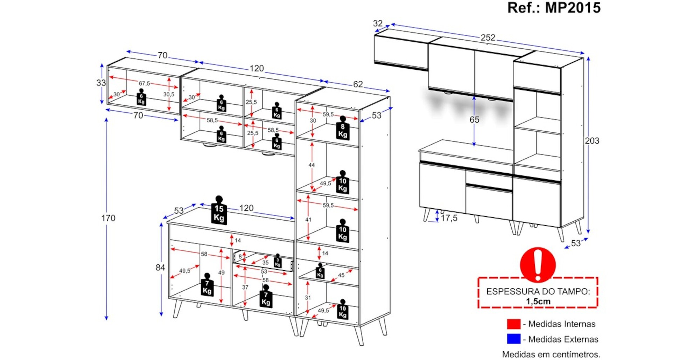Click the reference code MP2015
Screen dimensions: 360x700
coord(573,8)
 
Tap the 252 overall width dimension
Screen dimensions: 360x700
coord(488,37)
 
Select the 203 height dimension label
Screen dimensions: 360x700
coord(592,141)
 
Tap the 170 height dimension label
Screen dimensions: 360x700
coord(108,218)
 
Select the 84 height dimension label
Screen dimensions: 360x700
coord(160,268)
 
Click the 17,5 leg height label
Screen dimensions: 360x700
coord(449,218)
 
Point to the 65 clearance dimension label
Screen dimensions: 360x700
coord(474,120)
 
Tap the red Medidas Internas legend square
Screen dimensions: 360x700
coord(513,324)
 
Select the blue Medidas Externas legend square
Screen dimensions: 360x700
coord(513,339)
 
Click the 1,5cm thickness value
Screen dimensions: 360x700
coord(538,302)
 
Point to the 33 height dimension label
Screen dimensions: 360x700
coord(101,83)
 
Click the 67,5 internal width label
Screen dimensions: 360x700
coord(144,83)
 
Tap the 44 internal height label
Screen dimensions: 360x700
coord(311,165)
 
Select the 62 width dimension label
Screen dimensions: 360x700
coord(358,84)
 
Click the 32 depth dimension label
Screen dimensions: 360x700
coord(378,23)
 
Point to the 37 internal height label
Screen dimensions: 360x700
coord(245,287)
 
